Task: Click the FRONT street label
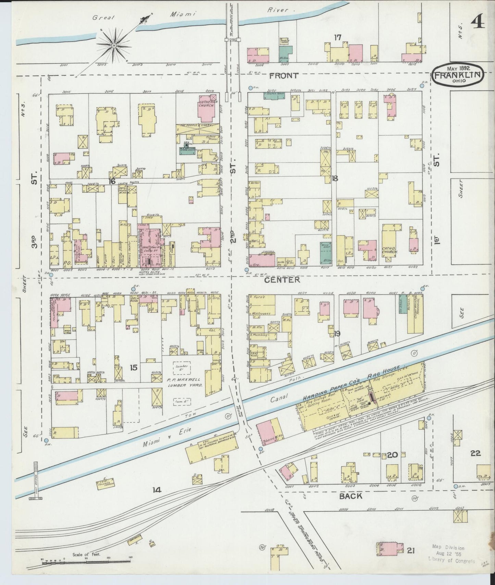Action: (284, 76)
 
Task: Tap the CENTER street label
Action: (282, 280)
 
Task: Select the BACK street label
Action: (351, 496)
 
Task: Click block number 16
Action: (112, 181)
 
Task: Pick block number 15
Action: (134, 367)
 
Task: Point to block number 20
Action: (392, 455)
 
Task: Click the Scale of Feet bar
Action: (86, 562)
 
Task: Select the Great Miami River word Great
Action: (103, 17)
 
